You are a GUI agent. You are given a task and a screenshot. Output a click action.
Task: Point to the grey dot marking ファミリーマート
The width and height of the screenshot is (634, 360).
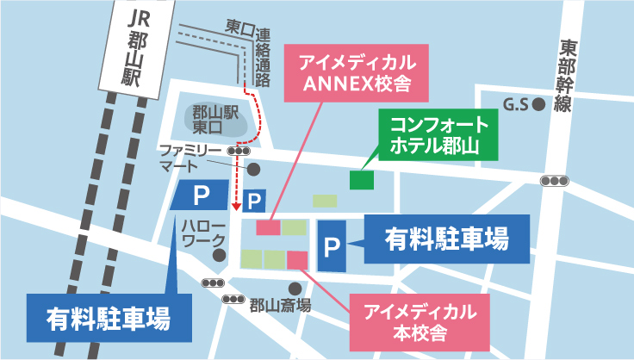(253, 168)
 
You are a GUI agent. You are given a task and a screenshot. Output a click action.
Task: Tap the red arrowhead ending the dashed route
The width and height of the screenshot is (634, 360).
(238, 208)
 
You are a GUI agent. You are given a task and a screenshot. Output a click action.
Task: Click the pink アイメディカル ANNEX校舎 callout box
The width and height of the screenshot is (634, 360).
(357, 74)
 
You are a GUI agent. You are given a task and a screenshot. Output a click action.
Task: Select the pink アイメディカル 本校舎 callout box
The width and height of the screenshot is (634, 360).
(419, 320)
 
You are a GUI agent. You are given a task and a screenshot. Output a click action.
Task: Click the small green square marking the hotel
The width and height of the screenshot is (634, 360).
(362, 180)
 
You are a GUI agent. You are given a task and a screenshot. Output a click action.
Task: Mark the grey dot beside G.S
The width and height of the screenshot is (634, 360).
(538, 105)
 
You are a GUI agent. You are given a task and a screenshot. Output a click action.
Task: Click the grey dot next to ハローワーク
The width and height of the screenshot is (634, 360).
(220, 256)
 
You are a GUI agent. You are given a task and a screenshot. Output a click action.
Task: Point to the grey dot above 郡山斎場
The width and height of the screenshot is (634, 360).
(295, 289)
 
